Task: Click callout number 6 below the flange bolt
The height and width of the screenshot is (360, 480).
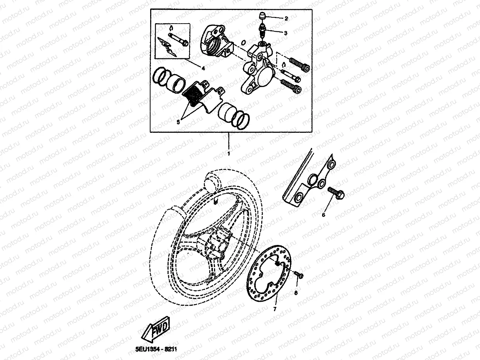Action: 324,214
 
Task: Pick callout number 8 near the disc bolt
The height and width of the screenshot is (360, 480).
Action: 296,292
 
